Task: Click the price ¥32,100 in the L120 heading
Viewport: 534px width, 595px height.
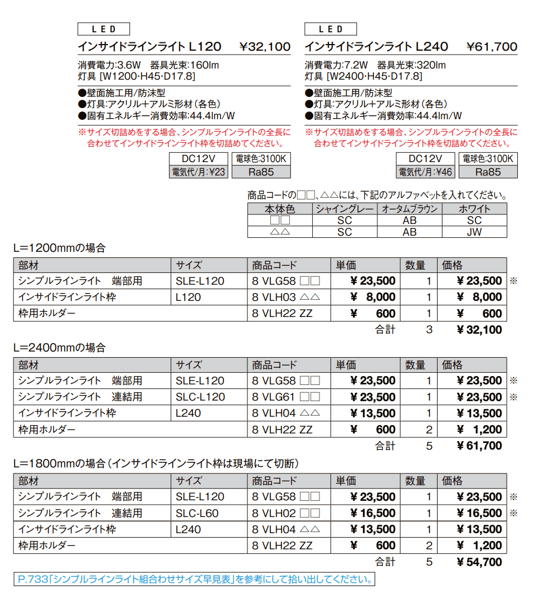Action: point(265,47)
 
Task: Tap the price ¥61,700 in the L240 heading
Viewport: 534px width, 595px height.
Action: point(492,47)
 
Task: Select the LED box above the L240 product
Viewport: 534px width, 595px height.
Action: point(331,29)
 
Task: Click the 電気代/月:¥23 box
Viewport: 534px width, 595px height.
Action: point(199,172)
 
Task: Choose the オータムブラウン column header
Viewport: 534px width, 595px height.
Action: point(410,209)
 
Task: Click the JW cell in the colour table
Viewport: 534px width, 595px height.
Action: point(474,232)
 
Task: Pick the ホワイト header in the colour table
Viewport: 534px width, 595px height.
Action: point(474,209)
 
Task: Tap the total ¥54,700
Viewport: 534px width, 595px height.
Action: point(479,562)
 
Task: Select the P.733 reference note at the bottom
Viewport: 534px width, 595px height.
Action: point(194,579)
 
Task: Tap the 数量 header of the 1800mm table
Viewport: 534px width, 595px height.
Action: point(415,481)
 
